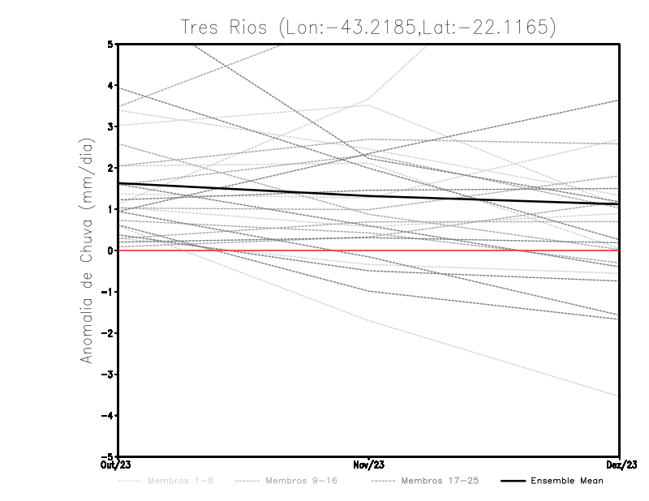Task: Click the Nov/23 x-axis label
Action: [369, 464]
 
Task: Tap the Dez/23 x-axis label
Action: [621, 464]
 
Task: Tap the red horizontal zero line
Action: [487, 250]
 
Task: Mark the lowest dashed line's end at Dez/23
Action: [619, 396]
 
